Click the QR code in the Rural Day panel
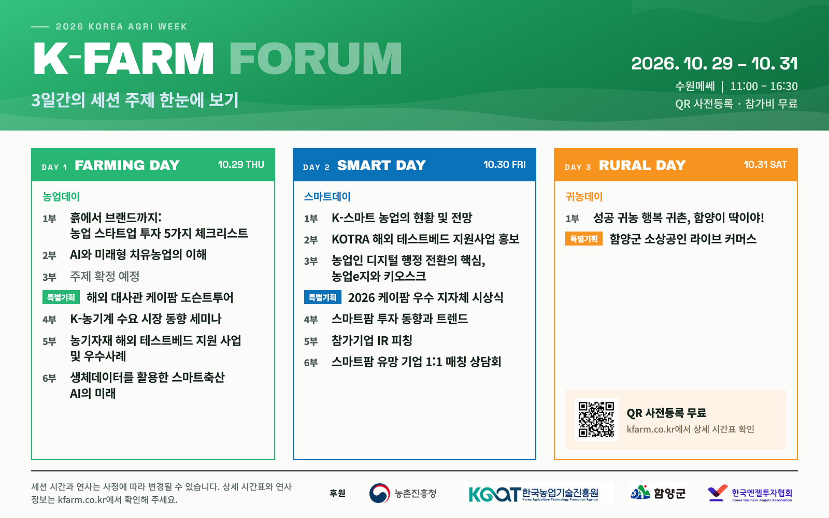point(596,419)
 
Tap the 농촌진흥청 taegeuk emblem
point(379,493)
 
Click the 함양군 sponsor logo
point(658,493)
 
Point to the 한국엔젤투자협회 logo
point(749,493)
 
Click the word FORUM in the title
point(316,59)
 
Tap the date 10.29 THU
point(241,165)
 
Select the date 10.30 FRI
point(505,165)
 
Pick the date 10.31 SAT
point(765,165)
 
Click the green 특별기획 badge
point(61,297)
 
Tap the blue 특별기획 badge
point(322,297)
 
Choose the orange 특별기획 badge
point(583,239)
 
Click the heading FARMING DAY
point(127,165)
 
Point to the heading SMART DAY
point(381,165)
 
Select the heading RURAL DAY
point(642,165)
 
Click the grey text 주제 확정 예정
point(105,276)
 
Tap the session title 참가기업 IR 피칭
point(371,340)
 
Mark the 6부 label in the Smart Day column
point(311,363)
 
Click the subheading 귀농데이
point(584,196)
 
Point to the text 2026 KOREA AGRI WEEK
point(121,26)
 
